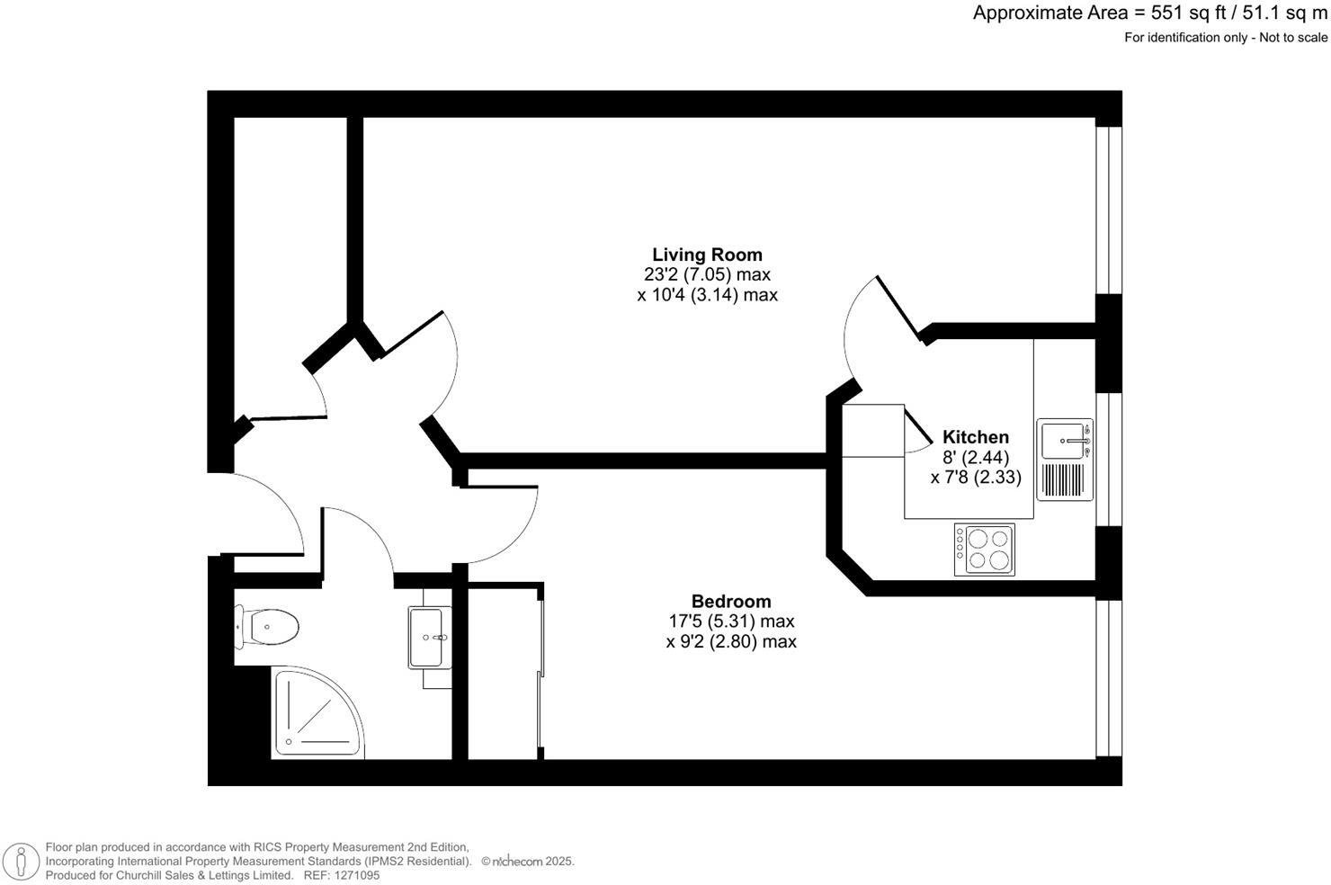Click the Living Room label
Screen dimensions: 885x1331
click(x=707, y=255)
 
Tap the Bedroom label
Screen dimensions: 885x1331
click(x=730, y=601)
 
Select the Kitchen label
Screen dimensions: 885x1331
click(x=975, y=437)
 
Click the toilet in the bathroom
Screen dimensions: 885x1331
click(x=268, y=627)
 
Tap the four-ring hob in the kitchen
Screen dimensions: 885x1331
click(x=984, y=550)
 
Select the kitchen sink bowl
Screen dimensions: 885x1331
click(x=1063, y=441)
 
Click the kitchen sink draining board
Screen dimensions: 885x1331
click(x=1064, y=480)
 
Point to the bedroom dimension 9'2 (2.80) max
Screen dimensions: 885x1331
click(x=730, y=641)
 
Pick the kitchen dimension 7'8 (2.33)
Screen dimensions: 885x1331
click(x=976, y=478)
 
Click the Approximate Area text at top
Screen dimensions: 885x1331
click(x=1149, y=13)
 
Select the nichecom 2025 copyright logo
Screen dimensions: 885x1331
click(x=527, y=861)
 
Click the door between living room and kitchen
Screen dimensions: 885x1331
click(x=877, y=319)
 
